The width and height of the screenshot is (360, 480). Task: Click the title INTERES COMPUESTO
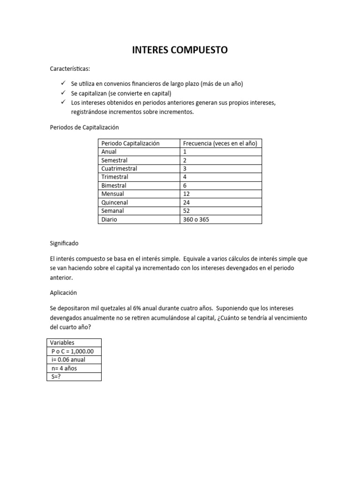pyautogui.click(x=180, y=50)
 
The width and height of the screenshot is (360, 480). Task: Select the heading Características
pyautogui.click(x=69, y=69)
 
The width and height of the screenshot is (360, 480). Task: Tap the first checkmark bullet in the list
pyautogui.click(x=63, y=83)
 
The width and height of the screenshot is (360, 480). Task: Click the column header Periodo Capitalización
pyautogui.click(x=130, y=143)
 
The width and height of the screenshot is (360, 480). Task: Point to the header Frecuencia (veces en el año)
pyautogui.click(x=220, y=143)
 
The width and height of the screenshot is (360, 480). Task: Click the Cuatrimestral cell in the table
pyautogui.click(x=119, y=169)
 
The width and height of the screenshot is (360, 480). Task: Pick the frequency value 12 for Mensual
pyautogui.click(x=187, y=194)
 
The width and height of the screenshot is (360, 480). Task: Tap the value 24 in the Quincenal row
pyautogui.click(x=187, y=202)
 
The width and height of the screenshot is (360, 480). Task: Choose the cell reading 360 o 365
pyautogui.click(x=196, y=219)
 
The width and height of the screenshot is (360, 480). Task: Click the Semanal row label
pyautogui.click(x=113, y=211)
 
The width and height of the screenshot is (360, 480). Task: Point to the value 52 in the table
pyautogui.click(x=187, y=211)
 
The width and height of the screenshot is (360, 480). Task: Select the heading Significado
pyautogui.click(x=64, y=244)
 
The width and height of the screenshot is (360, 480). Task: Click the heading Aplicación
pyautogui.click(x=63, y=292)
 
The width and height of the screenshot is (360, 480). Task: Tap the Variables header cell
pyautogui.click(x=62, y=343)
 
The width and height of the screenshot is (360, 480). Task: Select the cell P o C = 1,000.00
pyautogui.click(x=73, y=351)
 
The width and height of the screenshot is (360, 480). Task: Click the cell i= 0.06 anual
pyautogui.click(x=68, y=360)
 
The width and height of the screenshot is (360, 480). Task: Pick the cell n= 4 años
pyautogui.click(x=64, y=368)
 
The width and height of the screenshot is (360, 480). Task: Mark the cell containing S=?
pyautogui.click(x=57, y=376)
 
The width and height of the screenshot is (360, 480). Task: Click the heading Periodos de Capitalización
pyautogui.click(x=84, y=127)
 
